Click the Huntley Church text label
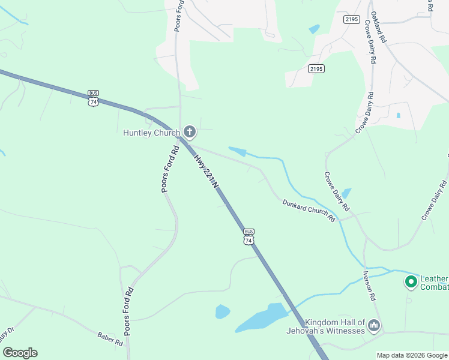[x=151, y=133]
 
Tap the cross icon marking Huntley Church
[x=189, y=131]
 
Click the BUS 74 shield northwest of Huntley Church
[x=93, y=98]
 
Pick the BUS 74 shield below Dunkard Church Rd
[x=249, y=236]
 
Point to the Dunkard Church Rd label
[x=309, y=211]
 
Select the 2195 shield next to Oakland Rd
[x=352, y=20]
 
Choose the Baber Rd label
[x=110, y=338]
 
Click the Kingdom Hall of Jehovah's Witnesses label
[x=334, y=326]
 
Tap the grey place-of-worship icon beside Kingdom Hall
[x=374, y=326]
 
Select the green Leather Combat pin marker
[x=411, y=281]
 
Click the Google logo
[x=20, y=353]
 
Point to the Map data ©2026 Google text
[x=412, y=355]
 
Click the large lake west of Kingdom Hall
[x=264, y=317]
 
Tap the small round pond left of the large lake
[x=222, y=311]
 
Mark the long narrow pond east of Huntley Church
[x=238, y=152]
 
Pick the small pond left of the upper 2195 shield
[x=314, y=29]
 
